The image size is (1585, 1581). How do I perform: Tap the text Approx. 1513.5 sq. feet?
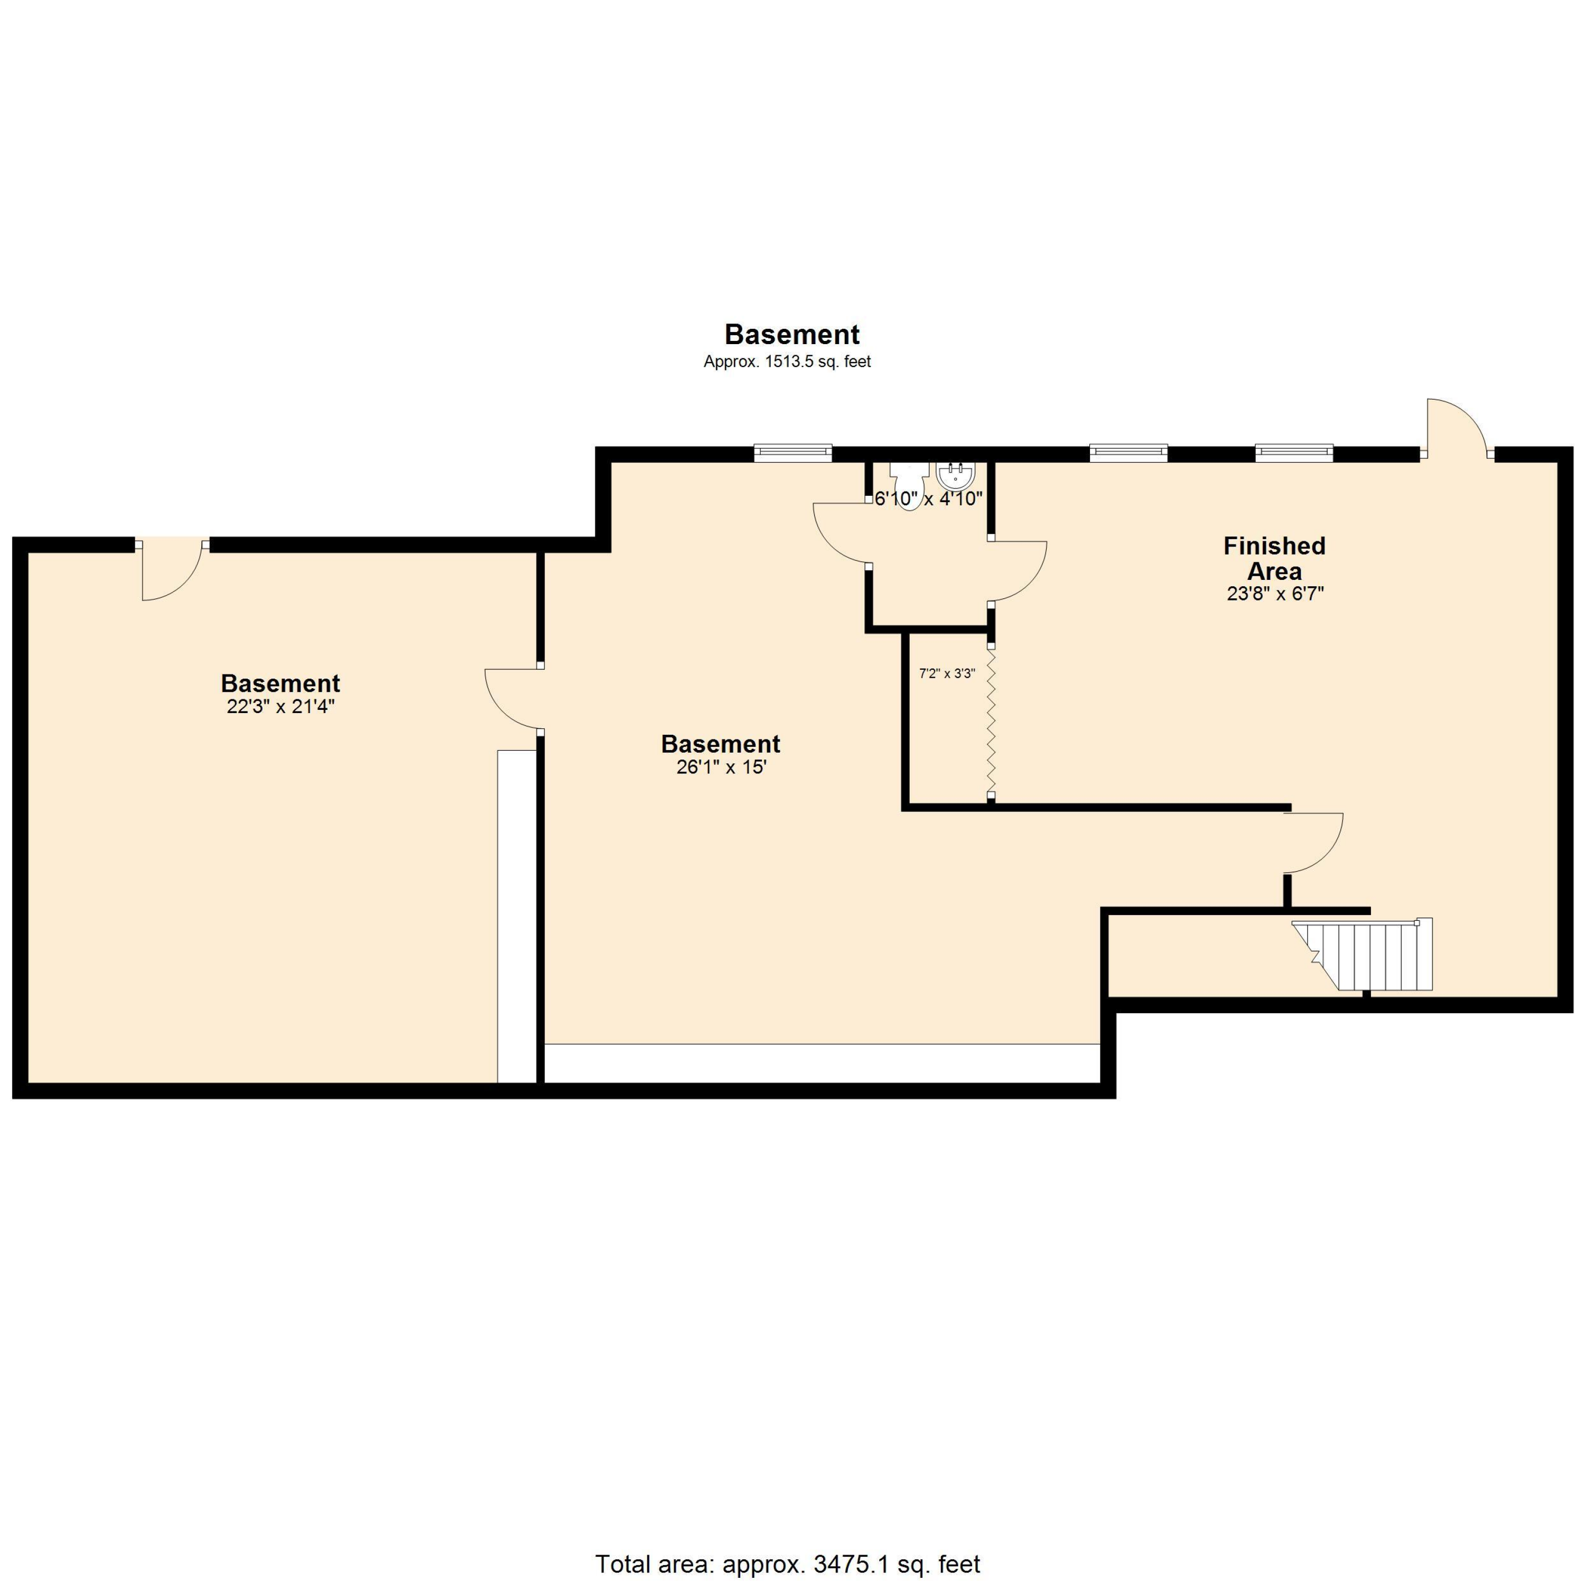click(787, 361)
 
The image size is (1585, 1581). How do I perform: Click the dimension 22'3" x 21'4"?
click(281, 707)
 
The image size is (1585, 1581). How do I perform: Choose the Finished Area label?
click(1274, 558)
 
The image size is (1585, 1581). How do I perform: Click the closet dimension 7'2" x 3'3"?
click(947, 674)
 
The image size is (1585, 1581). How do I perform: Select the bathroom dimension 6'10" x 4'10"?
click(928, 498)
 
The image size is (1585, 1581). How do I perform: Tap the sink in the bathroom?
click(956, 475)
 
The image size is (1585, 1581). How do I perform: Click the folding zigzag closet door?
click(991, 723)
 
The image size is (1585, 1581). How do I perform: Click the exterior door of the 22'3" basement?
click(171, 570)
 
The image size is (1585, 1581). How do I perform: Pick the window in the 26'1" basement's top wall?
click(792, 453)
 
